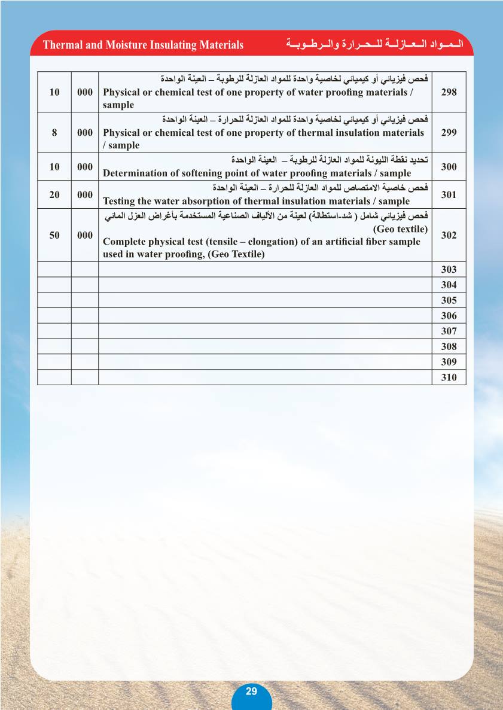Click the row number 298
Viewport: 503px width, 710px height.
(x=448, y=92)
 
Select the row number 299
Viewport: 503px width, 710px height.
(x=448, y=133)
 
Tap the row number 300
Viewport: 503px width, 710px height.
(x=448, y=167)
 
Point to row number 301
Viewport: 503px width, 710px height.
(x=448, y=194)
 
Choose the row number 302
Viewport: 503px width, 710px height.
(x=448, y=235)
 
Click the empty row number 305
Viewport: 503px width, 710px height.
(x=448, y=300)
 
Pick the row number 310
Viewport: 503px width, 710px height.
(x=448, y=377)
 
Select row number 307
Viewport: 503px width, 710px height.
(x=448, y=331)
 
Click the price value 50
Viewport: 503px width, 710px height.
(x=54, y=235)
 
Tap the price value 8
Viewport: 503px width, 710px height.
(x=54, y=133)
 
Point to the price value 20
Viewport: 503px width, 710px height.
(x=54, y=194)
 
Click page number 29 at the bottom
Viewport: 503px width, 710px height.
(x=251, y=691)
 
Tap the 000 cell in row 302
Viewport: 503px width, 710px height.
(x=85, y=235)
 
